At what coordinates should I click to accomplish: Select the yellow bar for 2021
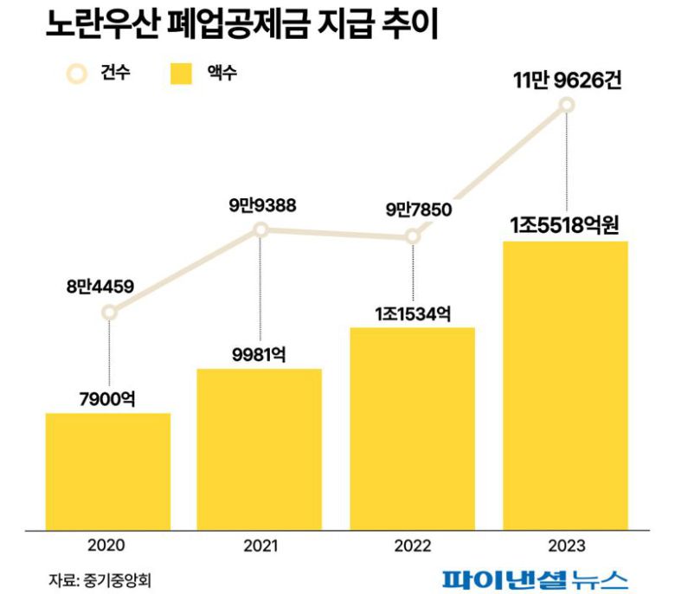(x=260, y=449)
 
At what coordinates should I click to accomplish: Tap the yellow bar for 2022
(x=412, y=428)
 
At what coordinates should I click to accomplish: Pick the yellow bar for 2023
(x=565, y=384)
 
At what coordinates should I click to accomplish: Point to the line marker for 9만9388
(x=260, y=229)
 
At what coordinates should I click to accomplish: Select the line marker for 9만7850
(x=413, y=236)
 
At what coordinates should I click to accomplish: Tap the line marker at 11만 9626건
(x=567, y=106)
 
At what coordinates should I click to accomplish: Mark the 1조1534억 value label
(x=412, y=313)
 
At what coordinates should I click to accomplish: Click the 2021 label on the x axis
(x=260, y=546)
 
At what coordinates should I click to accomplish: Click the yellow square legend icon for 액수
(x=180, y=74)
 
